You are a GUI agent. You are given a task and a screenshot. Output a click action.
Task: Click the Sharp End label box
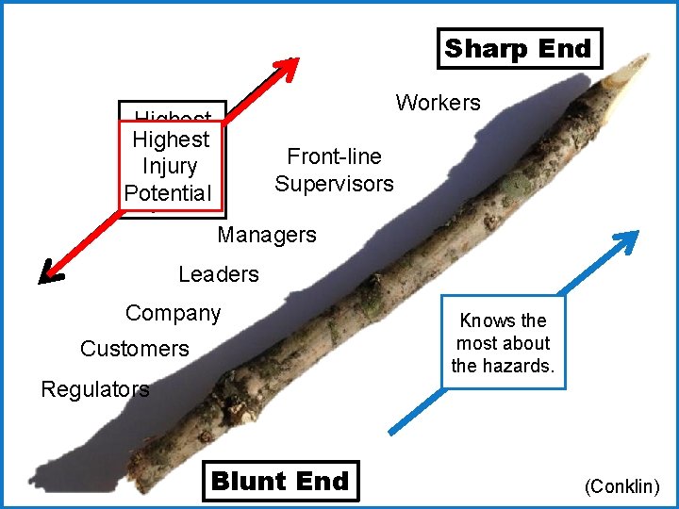519,48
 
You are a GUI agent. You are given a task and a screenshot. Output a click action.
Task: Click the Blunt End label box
280,481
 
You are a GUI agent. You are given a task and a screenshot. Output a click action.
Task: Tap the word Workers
438,103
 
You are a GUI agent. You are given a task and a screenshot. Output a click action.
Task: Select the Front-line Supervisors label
334,170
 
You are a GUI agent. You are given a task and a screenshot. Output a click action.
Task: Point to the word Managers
267,235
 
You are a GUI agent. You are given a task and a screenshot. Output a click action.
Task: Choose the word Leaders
218,274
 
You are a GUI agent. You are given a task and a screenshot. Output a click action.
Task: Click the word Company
173,313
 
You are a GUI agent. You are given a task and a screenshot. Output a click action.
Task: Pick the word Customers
134,349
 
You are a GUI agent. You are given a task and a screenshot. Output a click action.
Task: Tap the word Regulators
94,389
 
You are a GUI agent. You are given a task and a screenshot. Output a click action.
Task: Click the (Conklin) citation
622,487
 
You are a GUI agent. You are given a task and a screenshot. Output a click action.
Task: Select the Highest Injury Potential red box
172,166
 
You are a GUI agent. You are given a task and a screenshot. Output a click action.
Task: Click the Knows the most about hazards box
503,343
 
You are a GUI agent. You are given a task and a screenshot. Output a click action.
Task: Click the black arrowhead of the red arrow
50,274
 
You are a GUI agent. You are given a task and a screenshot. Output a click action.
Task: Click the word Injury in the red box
170,167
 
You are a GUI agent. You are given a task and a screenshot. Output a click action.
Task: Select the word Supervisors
334,184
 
